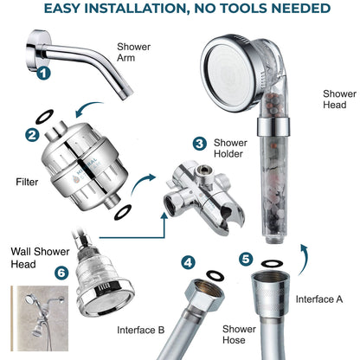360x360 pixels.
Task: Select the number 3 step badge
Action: click(200, 144)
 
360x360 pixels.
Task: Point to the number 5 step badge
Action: click(247, 259)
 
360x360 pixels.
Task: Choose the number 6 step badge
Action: click(35, 271)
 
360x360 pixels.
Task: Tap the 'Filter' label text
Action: click(28, 183)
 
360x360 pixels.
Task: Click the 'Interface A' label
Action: click(320, 299)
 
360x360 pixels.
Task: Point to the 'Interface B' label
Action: click(141, 330)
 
